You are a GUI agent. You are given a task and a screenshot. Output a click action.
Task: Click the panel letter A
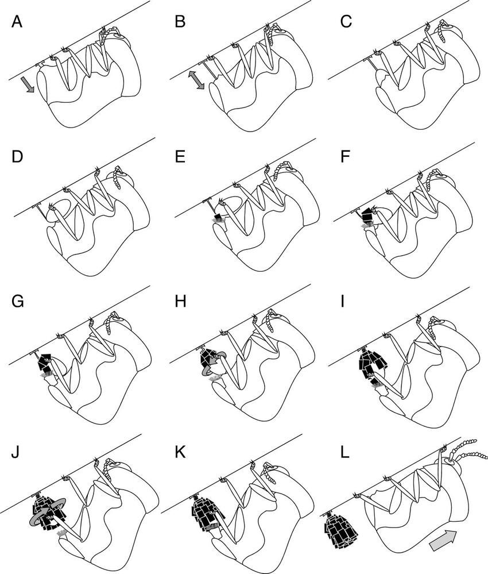pos(17,22)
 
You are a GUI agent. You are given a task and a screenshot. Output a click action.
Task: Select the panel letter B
pos(180,22)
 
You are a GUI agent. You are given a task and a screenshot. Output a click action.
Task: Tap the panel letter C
pos(346,22)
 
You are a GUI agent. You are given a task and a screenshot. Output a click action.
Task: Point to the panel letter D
pos(17,157)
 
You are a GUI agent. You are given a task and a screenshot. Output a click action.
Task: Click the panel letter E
pos(180,157)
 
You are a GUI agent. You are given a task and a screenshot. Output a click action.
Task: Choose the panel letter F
pos(344,157)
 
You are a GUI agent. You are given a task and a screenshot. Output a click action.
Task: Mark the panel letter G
pos(18,302)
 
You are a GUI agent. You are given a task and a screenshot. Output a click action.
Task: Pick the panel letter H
pos(180,302)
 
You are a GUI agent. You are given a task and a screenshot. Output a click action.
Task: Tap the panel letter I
pos(343,302)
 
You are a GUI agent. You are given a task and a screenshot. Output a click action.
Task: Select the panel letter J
pos(16,452)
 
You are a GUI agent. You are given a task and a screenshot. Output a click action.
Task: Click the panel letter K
pos(180,452)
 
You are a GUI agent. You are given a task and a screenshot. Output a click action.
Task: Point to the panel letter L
pos(344,452)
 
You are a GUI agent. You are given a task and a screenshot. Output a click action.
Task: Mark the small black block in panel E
pos(219,217)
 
